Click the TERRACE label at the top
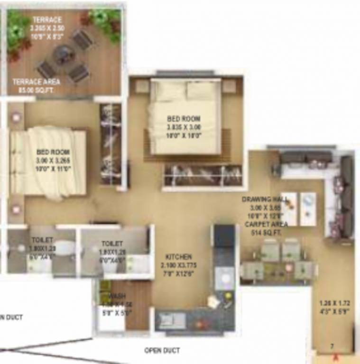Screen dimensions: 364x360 [x=47, y=20]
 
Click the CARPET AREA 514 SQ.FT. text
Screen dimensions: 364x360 [x=263, y=228]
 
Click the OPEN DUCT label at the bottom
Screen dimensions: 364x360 [x=162, y=351]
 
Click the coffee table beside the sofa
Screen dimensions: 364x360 [x=300, y=208]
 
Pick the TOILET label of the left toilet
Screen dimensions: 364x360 [x=42, y=240]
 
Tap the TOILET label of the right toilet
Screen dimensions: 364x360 [x=112, y=244]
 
